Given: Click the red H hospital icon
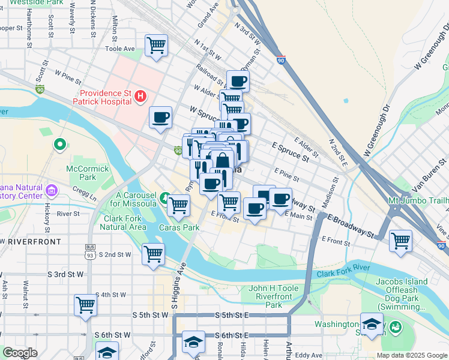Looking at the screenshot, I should click(140, 95).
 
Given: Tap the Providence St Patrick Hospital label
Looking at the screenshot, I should click(105, 97).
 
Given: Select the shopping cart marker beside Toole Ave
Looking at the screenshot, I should click(156, 45).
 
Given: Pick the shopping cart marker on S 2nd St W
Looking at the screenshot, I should click(154, 253).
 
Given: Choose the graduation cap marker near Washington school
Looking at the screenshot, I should click(372, 325).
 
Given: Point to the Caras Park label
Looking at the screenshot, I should click(179, 228).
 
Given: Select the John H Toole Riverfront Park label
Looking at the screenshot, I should click(273, 296).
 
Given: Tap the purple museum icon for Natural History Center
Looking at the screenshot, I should click(52, 191).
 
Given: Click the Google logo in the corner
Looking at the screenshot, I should click(20, 353).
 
